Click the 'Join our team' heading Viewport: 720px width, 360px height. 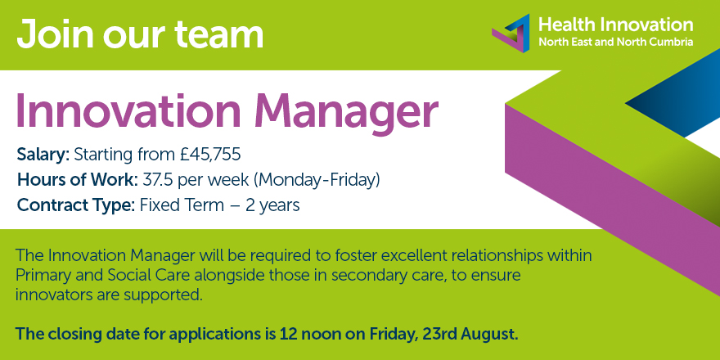tap(140, 35)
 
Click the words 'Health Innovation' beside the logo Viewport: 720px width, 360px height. tap(615, 25)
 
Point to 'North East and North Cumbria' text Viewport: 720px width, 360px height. tap(615, 43)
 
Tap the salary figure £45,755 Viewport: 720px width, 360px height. tap(211, 154)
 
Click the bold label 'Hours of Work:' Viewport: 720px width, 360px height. tap(69, 179)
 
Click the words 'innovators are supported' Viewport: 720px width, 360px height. tap(108, 294)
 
